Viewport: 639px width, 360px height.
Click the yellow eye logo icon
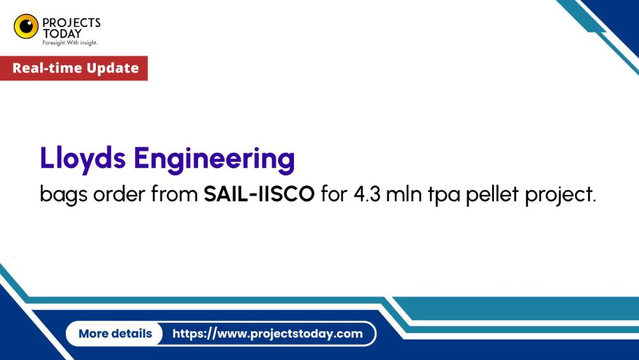[x=26, y=26]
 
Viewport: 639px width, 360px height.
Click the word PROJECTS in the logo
[x=72, y=22]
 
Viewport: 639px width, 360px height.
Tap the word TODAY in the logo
[x=62, y=33]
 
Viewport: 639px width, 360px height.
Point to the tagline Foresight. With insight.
[x=70, y=42]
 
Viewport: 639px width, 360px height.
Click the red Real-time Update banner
[x=74, y=68]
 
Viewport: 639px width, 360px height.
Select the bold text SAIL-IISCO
[x=259, y=194]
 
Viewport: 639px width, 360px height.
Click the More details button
[x=115, y=333]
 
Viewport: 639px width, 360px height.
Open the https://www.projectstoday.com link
[x=267, y=333]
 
